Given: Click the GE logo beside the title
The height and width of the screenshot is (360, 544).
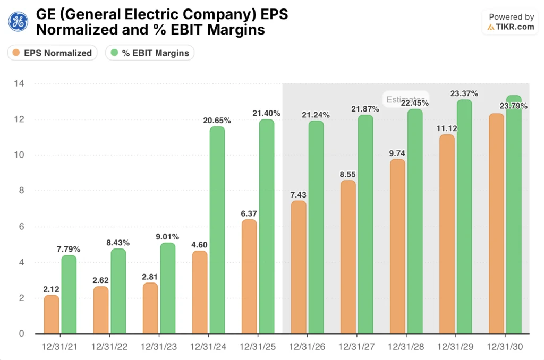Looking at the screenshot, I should click(18, 22).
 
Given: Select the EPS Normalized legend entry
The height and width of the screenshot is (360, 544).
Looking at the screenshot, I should click(52, 53).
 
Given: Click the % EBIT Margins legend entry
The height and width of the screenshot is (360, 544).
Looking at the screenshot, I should click(150, 53).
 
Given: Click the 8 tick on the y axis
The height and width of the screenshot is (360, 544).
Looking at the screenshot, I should click(21, 191).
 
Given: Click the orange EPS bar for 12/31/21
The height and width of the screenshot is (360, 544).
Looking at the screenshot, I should click(52, 314).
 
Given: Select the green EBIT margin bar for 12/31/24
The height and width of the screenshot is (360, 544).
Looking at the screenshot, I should click(217, 230).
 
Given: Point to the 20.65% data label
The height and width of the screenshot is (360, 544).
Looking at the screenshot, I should click(217, 121).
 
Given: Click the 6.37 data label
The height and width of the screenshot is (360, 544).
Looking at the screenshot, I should click(249, 213).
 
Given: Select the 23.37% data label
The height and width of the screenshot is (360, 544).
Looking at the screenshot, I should click(464, 93).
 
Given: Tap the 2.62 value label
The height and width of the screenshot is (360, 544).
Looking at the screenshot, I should click(101, 280).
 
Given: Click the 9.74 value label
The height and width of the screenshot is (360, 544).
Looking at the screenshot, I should click(397, 153).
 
